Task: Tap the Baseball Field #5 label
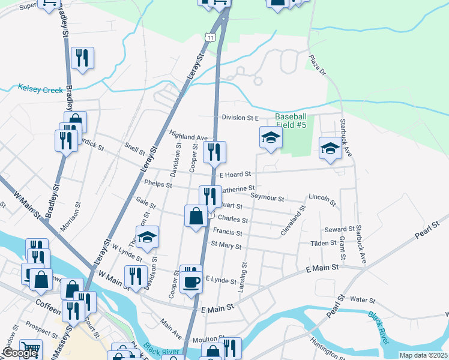[x=291, y=121]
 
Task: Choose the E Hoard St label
[x=235, y=175]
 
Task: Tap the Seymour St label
[x=267, y=197]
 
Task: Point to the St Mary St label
[x=226, y=245]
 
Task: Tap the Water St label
[x=363, y=299]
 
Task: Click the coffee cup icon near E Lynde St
[x=191, y=281]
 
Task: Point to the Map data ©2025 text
[x=423, y=355]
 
